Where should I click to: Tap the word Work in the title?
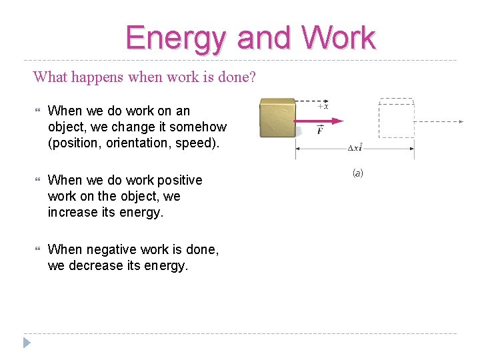pos(339,38)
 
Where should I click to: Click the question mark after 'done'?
pos(253,77)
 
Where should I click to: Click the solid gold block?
pos(277,121)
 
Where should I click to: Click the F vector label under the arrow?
pos(321,131)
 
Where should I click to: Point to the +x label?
pos(321,106)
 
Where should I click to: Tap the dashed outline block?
pos(396,121)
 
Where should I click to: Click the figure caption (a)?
pos(357,173)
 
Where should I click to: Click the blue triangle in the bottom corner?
pos(27,343)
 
